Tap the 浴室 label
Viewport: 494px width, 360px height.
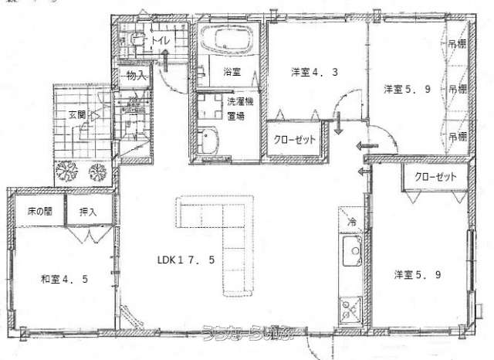(232, 72)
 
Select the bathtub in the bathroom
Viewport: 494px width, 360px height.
(227, 39)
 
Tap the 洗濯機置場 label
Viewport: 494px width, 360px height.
(236, 109)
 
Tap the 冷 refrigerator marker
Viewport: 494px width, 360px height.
(350, 222)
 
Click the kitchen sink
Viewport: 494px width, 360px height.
(351, 252)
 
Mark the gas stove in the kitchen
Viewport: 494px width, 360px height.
(350, 311)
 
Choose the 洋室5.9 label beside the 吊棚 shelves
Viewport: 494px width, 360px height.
(406, 89)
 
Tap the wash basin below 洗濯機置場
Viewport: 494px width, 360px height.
(208, 141)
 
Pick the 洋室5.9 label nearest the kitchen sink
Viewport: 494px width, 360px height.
(416, 274)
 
